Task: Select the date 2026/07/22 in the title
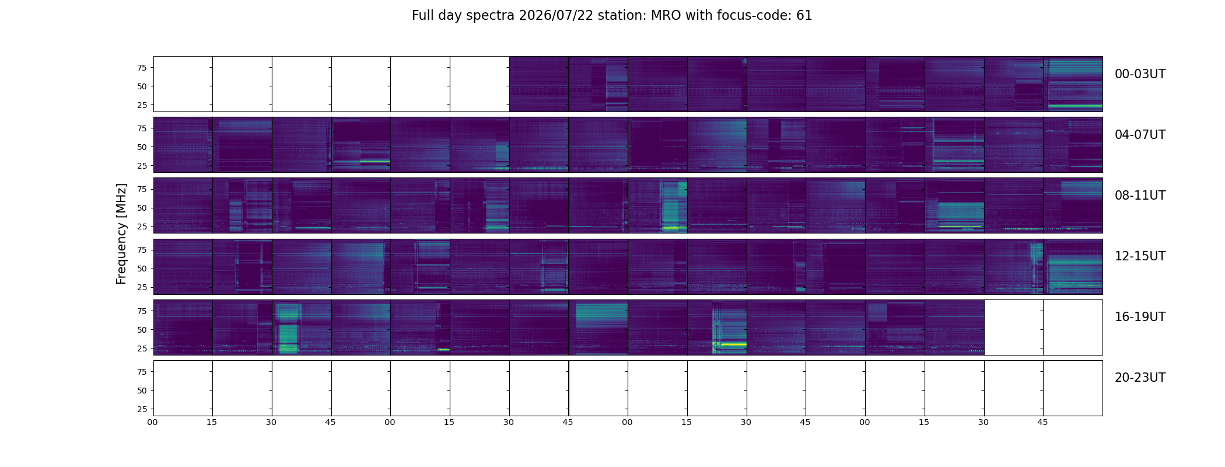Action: (556, 16)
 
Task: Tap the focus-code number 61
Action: (804, 16)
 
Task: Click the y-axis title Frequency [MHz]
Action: (121, 234)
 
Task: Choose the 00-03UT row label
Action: (1140, 74)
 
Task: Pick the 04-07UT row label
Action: (1140, 135)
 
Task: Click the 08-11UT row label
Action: (1140, 196)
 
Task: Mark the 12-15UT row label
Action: (1140, 256)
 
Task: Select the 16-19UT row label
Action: (1140, 317)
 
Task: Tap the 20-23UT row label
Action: (1140, 378)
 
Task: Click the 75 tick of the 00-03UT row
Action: (142, 68)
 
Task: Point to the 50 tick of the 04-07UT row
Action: (142, 147)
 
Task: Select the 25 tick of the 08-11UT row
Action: (142, 226)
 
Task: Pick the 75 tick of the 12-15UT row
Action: (142, 250)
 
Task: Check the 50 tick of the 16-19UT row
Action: (142, 330)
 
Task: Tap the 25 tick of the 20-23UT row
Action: (142, 409)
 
